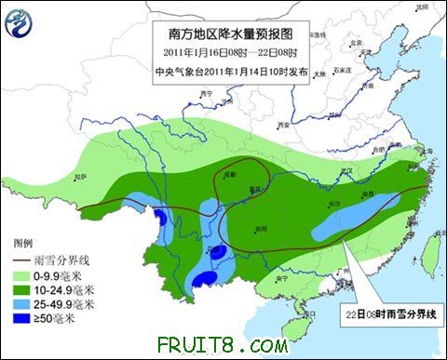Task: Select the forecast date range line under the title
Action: coord(228,53)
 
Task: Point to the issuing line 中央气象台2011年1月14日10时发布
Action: coord(228,71)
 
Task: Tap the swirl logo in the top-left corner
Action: coord(20,22)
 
